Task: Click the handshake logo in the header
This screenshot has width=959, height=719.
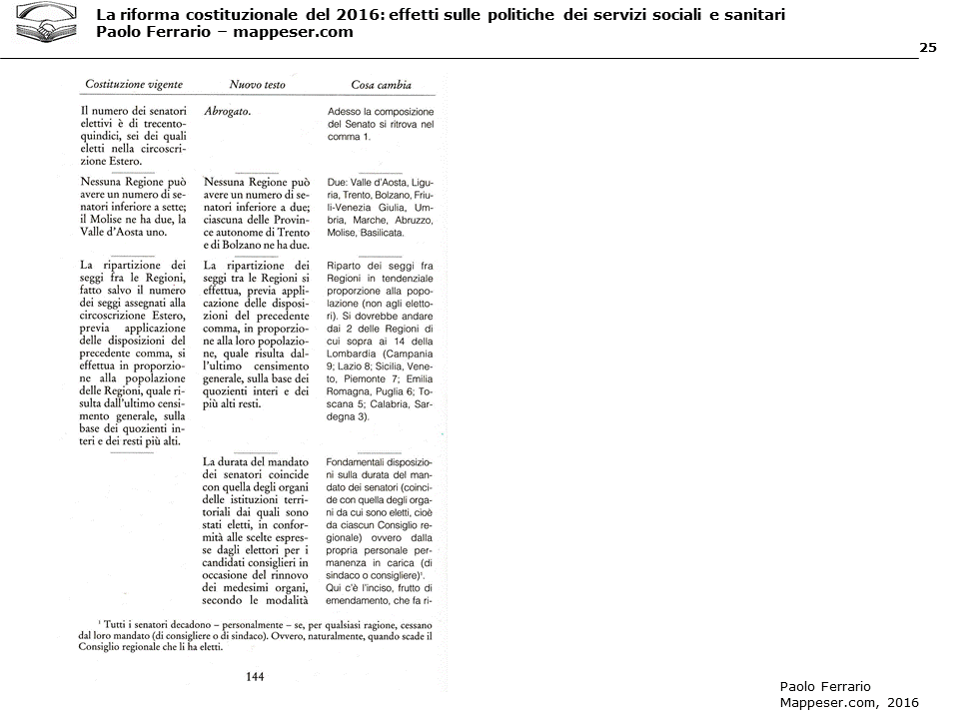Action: pos(48,24)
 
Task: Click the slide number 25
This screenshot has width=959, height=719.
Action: pos(927,48)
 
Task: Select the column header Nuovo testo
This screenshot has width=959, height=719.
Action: pos(257,86)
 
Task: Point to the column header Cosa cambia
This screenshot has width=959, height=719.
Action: pos(381,86)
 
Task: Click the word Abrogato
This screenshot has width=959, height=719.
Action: pos(227,111)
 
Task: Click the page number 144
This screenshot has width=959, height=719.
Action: pos(255,677)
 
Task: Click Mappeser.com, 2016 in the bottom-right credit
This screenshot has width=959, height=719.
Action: pos(847,702)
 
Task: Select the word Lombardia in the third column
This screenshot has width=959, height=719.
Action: pos(350,354)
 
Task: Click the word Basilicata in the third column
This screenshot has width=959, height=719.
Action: pos(377,233)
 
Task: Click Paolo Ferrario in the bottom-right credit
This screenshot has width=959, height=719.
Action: pos(825,686)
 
